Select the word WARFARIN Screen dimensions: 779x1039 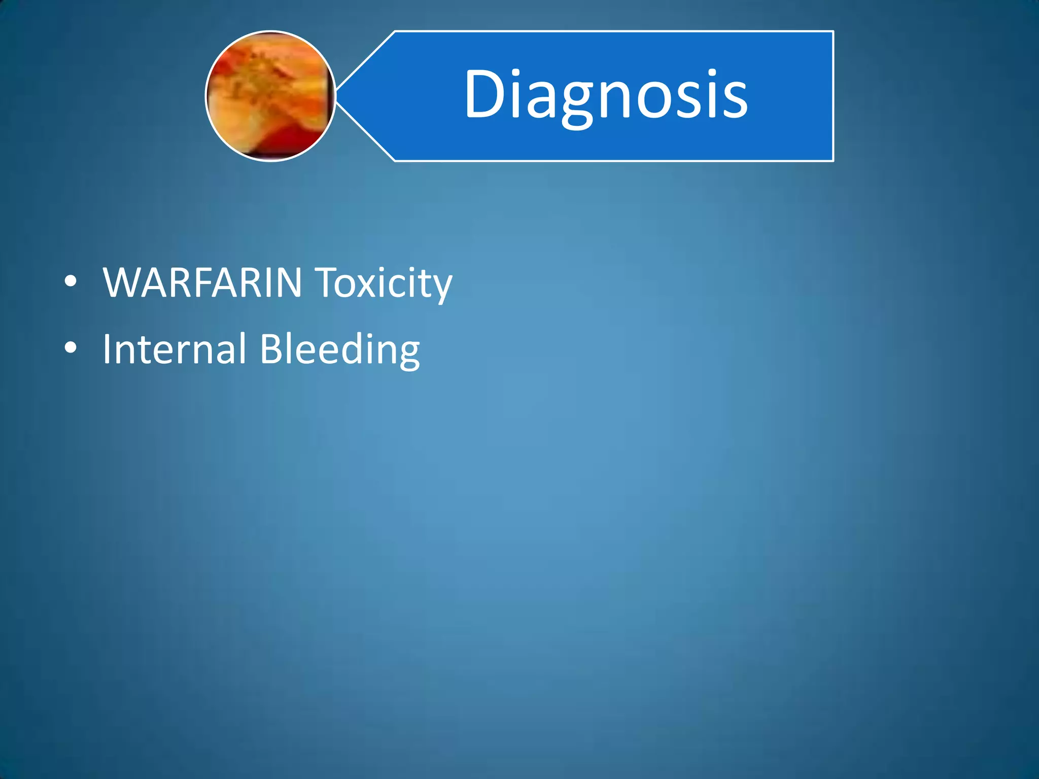202,282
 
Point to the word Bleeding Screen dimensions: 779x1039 339,350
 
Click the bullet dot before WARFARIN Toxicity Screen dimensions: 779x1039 71,281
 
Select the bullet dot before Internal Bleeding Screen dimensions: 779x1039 71,348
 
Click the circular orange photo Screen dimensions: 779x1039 270,96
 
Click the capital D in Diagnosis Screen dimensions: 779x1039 486,94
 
